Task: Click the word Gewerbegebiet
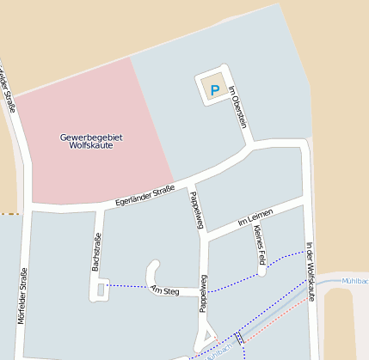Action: (91, 137)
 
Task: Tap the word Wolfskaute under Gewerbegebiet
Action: (91, 145)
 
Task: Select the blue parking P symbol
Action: (215, 88)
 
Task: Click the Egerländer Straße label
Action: (145, 195)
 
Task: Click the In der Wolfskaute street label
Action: (310, 271)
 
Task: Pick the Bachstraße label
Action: (97, 252)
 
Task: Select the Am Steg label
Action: (164, 291)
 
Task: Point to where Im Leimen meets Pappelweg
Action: (205, 235)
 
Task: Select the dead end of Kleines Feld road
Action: (261, 272)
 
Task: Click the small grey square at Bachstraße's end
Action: (101, 290)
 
